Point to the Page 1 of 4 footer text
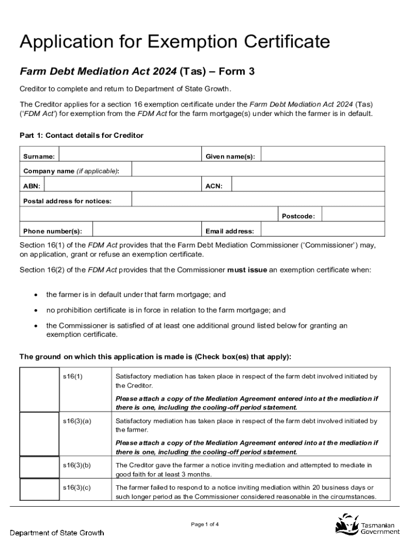point(205,524)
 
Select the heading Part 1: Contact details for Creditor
point(81,136)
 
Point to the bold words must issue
point(247,270)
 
